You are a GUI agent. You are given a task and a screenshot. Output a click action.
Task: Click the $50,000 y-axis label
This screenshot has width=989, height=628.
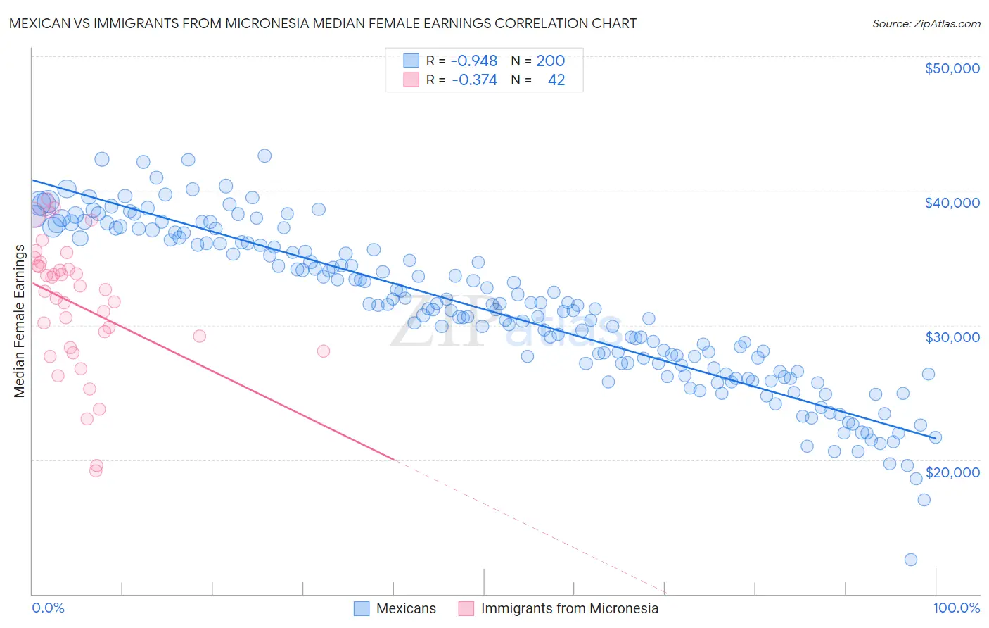[952, 68]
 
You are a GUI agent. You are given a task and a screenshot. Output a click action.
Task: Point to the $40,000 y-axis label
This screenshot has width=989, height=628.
[952, 203]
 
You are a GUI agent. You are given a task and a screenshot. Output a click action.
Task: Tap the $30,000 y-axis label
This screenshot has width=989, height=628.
[952, 337]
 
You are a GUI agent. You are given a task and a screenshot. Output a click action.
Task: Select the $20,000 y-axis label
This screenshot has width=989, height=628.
[952, 472]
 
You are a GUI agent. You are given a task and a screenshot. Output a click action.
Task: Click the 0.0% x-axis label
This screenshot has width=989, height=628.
[48, 608]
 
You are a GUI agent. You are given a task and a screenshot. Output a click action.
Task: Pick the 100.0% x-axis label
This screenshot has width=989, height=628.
[956, 608]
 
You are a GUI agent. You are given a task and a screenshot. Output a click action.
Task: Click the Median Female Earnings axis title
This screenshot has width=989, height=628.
[20, 321]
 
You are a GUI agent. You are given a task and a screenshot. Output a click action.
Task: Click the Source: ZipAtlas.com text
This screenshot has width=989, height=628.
[926, 23]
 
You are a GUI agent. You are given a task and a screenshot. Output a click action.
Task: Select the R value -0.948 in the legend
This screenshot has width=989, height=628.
[474, 61]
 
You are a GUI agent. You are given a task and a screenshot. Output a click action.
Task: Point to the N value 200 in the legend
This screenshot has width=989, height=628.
[550, 61]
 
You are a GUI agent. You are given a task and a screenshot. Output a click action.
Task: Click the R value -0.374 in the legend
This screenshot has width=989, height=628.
[474, 80]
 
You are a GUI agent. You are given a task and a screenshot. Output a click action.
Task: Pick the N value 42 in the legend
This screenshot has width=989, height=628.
[556, 80]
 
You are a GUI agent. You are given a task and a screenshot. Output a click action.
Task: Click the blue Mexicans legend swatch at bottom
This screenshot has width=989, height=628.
[362, 608]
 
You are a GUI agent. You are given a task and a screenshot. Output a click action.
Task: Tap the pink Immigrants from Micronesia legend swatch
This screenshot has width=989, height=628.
[466, 608]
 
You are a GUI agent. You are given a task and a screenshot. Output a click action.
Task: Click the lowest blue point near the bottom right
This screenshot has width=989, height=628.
[910, 560]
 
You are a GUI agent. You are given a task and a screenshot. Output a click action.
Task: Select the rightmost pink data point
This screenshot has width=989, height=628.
[324, 351]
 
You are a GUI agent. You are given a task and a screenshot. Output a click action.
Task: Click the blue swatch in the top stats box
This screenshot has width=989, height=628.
[411, 61]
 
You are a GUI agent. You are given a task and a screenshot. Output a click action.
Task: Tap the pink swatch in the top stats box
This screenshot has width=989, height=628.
[411, 80]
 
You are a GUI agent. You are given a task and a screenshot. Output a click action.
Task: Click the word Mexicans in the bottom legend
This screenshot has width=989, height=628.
[406, 608]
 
